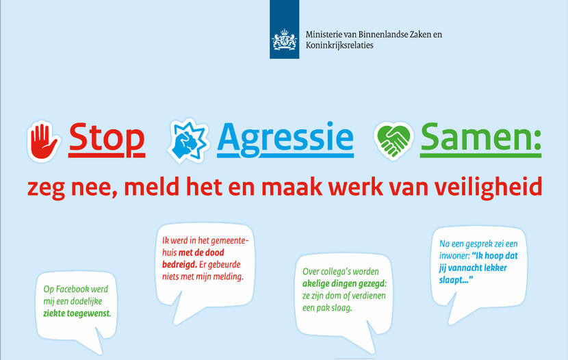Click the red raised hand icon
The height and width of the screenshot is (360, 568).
[43, 141]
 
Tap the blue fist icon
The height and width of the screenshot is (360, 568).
[188, 141]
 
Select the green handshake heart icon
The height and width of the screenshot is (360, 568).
[393, 140]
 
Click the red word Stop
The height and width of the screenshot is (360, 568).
[107, 139]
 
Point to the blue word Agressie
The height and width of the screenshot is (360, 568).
[285, 140]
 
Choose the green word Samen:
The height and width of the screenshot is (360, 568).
[480, 139]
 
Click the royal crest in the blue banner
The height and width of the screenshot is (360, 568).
[285, 40]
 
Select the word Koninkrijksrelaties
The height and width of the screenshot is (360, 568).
[339, 45]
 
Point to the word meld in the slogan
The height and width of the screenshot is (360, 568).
[151, 187]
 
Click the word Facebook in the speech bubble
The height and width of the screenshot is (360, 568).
[73, 289]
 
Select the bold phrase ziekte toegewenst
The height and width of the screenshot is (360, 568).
[77, 313]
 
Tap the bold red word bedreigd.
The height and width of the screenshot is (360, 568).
[179, 264]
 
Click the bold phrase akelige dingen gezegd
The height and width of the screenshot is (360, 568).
[344, 283]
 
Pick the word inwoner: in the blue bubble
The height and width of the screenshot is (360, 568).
[454, 256]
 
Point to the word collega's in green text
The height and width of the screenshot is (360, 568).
[336, 272]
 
